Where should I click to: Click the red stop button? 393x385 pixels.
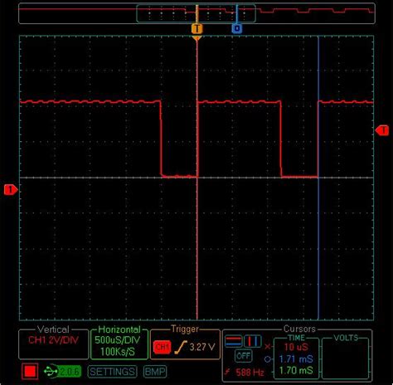32,371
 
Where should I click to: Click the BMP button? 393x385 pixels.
155,372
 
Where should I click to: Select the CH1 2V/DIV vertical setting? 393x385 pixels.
54,340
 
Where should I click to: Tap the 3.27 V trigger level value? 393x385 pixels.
203,345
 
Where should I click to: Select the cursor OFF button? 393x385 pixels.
243,355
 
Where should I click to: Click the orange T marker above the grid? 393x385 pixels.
196,28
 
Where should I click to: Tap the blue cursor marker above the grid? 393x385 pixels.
236,28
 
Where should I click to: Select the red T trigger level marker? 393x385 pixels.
383,129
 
